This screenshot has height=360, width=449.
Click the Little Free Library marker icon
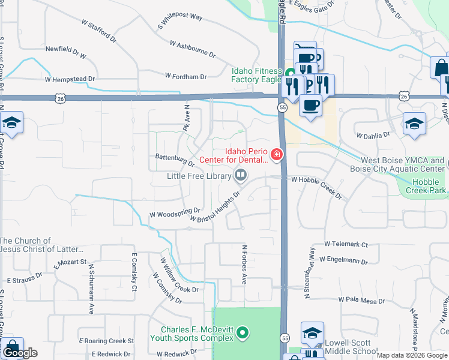241,175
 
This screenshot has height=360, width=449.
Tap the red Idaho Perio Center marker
277,155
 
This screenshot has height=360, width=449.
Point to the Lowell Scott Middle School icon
313,334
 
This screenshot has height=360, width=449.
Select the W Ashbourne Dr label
192,49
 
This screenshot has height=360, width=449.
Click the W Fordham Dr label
185,76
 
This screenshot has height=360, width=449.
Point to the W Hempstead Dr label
70,79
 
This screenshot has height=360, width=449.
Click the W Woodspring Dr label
174,213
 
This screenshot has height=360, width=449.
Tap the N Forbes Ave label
244,264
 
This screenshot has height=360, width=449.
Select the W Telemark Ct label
346,244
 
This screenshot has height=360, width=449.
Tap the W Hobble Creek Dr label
317,188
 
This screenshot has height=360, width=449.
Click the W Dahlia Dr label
373,136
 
